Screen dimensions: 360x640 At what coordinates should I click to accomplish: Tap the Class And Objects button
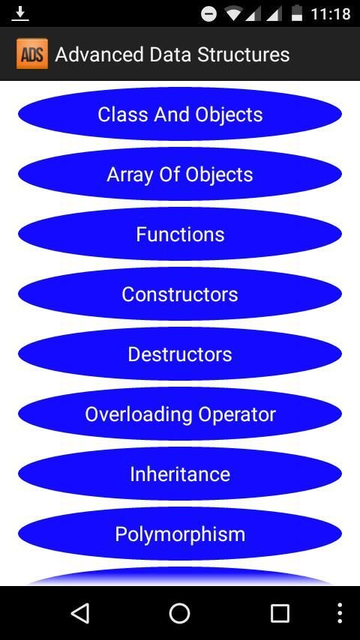coord(180,114)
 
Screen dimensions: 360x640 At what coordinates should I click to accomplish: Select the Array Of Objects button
coord(180,175)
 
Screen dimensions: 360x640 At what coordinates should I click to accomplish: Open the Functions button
coord(180,235)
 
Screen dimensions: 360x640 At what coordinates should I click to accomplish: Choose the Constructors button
coord(180,295)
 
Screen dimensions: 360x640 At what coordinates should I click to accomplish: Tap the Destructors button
coord(180,354)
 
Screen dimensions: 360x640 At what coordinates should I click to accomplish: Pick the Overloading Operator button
coord(180,414)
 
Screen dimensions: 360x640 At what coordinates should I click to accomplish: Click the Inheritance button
coord(180,474)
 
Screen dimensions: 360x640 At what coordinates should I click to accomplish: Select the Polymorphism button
coord(180,534)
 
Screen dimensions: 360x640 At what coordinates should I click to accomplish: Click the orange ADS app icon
coord(32,54)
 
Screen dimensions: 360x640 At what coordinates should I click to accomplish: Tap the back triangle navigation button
coord(79,613)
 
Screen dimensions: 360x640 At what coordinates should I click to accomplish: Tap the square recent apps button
coord(280,613)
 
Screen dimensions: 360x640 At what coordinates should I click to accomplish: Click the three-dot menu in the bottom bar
coord(340,613)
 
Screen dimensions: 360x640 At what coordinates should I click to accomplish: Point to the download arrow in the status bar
coord(19,14)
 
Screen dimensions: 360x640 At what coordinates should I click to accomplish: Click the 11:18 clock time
coord(331,14)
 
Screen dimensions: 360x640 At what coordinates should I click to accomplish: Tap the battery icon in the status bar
coord(297,13)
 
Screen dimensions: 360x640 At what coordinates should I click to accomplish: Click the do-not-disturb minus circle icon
coord(208,14)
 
